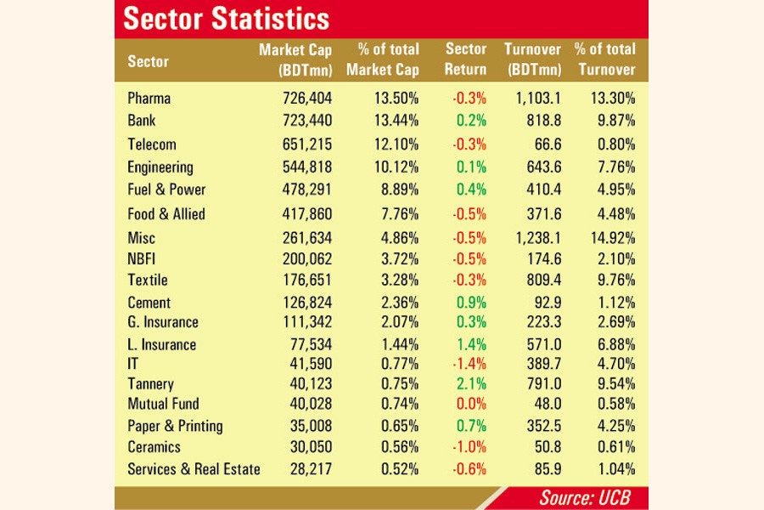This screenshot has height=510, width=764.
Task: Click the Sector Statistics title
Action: [x=227, y=18]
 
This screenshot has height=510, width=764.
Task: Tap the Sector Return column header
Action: [x=465, y=59]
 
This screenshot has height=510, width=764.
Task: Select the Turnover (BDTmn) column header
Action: [x=532, y=59]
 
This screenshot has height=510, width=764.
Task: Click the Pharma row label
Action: [x=149, y=99]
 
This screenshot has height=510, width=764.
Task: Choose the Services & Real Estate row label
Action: [x=194, y=469]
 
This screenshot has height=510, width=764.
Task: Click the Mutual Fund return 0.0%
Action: [x=471, y=404]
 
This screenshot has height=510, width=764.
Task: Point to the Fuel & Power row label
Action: [x=166, y=190]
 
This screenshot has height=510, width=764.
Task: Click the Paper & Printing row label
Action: [x=176, y=426]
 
